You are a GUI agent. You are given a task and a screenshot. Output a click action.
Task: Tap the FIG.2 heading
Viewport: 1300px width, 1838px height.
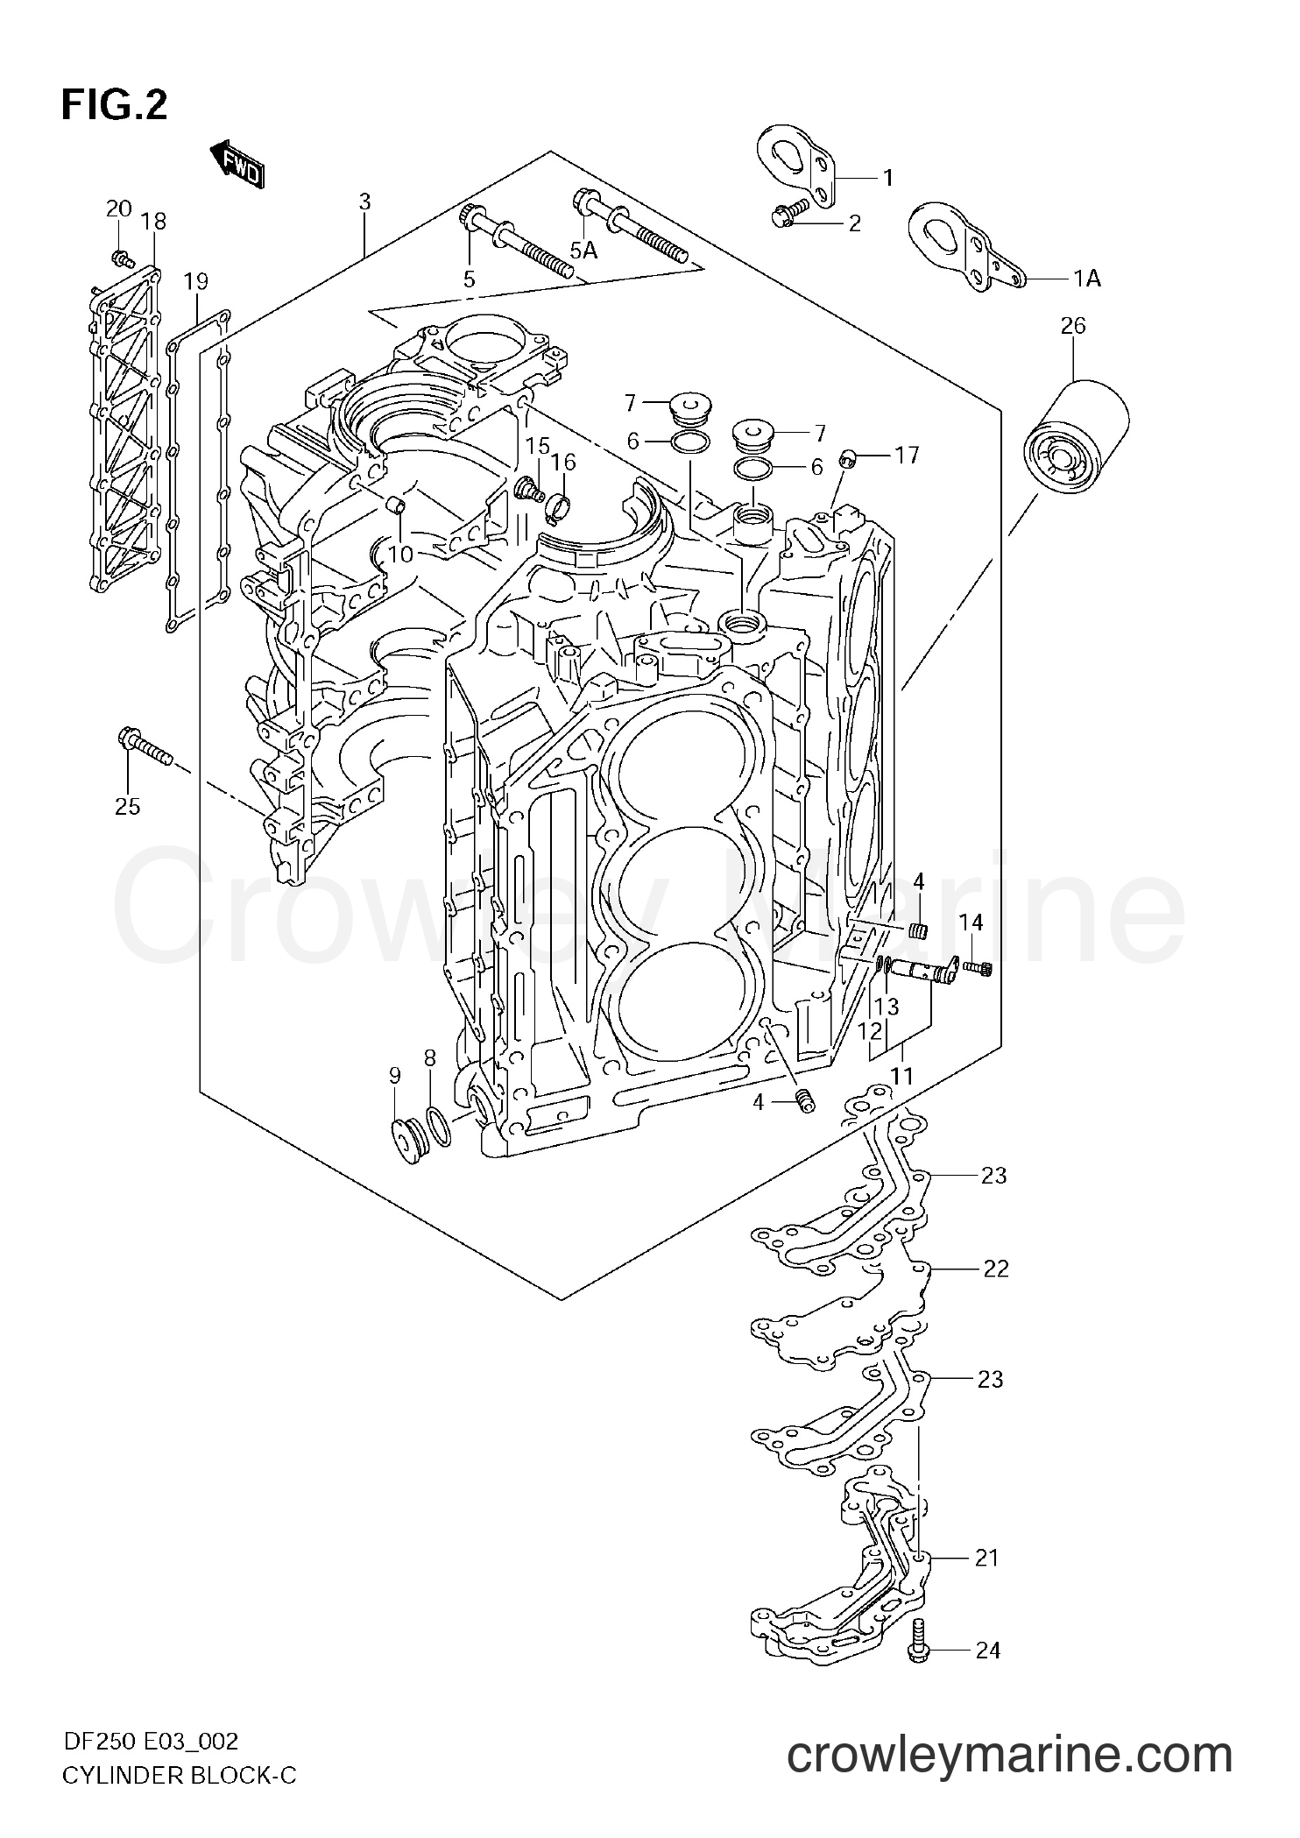point(114,105)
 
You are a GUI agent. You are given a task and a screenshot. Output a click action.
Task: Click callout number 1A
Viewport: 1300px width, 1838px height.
point(1087,279)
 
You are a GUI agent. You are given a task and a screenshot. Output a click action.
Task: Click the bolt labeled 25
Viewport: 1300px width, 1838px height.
point(145,746)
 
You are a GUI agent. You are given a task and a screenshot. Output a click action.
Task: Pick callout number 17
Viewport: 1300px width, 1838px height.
point(907,455)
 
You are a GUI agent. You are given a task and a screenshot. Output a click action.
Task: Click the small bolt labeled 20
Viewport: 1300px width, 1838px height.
point(122,258)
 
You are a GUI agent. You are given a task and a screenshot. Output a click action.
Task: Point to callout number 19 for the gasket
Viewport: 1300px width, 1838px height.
point(196,281)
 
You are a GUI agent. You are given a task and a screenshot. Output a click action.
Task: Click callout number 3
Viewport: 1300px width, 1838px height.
point(364,201)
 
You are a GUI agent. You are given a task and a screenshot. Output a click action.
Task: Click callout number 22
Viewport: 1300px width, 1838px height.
point(996,1268)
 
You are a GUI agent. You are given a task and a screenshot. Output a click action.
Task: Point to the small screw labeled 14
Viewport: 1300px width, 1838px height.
point(978,967)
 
